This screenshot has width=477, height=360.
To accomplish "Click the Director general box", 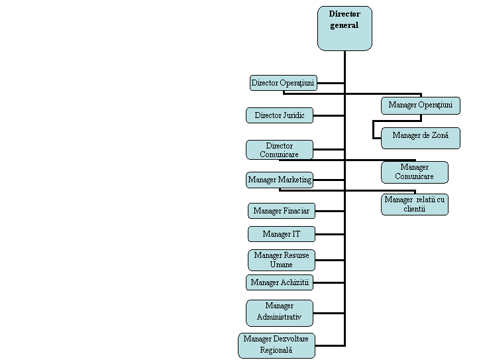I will pyautogui.click(x=344, y=29).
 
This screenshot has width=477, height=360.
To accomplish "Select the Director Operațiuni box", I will pyautogui.click(x=283, y=83).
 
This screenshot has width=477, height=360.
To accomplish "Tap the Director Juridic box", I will pyautogui.click(x=280, y=115).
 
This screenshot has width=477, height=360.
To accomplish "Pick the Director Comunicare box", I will pyautogui.click(x=280, y=150).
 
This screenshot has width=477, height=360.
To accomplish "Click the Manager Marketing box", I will pyautogui.click(x=280, y=180).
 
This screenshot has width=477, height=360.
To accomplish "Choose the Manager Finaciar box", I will pyautogui.click(x=281, y=211).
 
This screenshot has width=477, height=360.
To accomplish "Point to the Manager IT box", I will pyautogui.click(x=281, y=234).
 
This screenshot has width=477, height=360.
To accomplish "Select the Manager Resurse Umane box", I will pyautogui.click(x=281, y=260).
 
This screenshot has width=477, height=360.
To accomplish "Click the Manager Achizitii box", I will pyautogui.click(x=280, y=282).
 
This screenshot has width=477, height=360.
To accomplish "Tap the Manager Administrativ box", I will pyautogui.click(x=280, y=312).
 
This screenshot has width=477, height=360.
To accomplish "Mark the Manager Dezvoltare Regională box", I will pyautogui.click(x=277, y=345).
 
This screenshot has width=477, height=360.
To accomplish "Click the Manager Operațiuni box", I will pyautogui.click(x=420, y=105).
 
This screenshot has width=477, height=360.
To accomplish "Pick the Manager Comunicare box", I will pyautogui.click(x=415, y=172).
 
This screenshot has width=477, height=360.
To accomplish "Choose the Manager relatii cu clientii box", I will pyautogui.click(x=415, y=204).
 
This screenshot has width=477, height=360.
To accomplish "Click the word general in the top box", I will pyautogui.click(x=344, y=25).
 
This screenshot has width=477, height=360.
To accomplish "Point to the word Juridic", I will pyautogui.click(x=293, y=115).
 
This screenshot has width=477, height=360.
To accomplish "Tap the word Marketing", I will pyautogui.click(x=294, y=180).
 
